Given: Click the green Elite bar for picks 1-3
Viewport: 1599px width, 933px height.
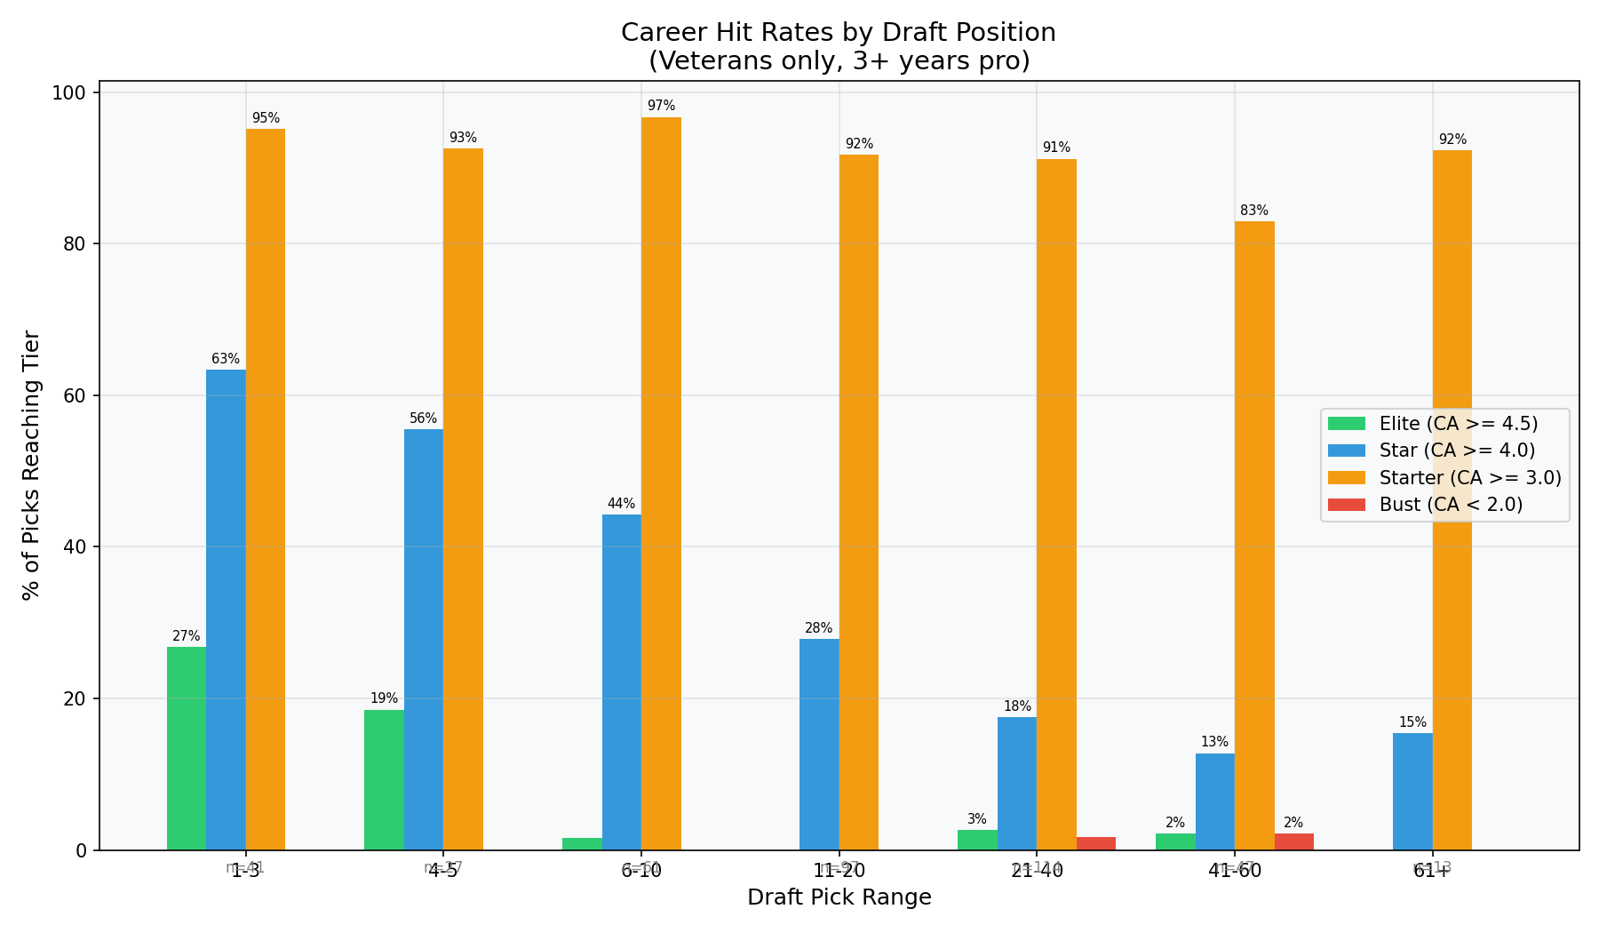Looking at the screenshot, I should [186, 748].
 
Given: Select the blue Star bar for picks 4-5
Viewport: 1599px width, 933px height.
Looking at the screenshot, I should [423, 640].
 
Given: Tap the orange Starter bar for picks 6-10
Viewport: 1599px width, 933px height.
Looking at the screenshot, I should [661, 484].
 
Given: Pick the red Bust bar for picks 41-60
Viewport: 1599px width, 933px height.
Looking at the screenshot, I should [1293, 841].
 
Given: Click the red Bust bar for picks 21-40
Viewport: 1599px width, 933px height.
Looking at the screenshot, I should [1096, 843].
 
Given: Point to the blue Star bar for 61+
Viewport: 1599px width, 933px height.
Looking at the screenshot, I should [1412, 792].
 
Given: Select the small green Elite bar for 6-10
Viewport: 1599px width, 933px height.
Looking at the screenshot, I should [582, 844].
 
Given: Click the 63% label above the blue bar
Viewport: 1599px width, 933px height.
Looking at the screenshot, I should [226, 359].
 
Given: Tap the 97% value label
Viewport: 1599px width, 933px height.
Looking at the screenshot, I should [661, 106].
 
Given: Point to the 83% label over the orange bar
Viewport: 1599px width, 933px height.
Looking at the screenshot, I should [1254, 211].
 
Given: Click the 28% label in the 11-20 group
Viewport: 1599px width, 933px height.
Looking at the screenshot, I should [818, 628].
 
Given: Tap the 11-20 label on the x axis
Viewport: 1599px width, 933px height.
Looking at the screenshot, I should [839, 872].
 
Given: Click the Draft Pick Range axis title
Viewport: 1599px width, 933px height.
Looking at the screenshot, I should [839, 897].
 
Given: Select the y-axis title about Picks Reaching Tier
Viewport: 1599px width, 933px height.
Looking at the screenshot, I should [31, 465].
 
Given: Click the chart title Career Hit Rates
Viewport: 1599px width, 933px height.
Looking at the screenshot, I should [838, 33].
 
